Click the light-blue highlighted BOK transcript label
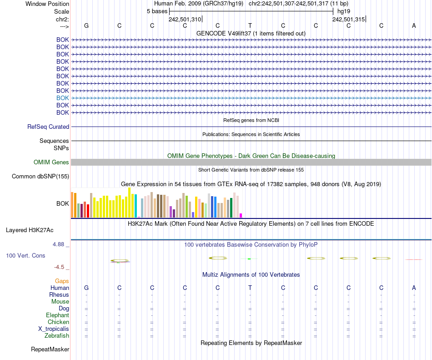63,98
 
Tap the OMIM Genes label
51,162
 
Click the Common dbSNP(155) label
40,177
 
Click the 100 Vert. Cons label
25,256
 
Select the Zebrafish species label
57,336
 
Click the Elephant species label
57,315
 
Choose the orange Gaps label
62,281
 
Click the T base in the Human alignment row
250,288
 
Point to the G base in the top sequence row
86,25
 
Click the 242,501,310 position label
185,19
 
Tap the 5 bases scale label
157,11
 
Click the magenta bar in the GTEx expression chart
241,215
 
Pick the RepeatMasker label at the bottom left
50,350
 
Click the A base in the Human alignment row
414,288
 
